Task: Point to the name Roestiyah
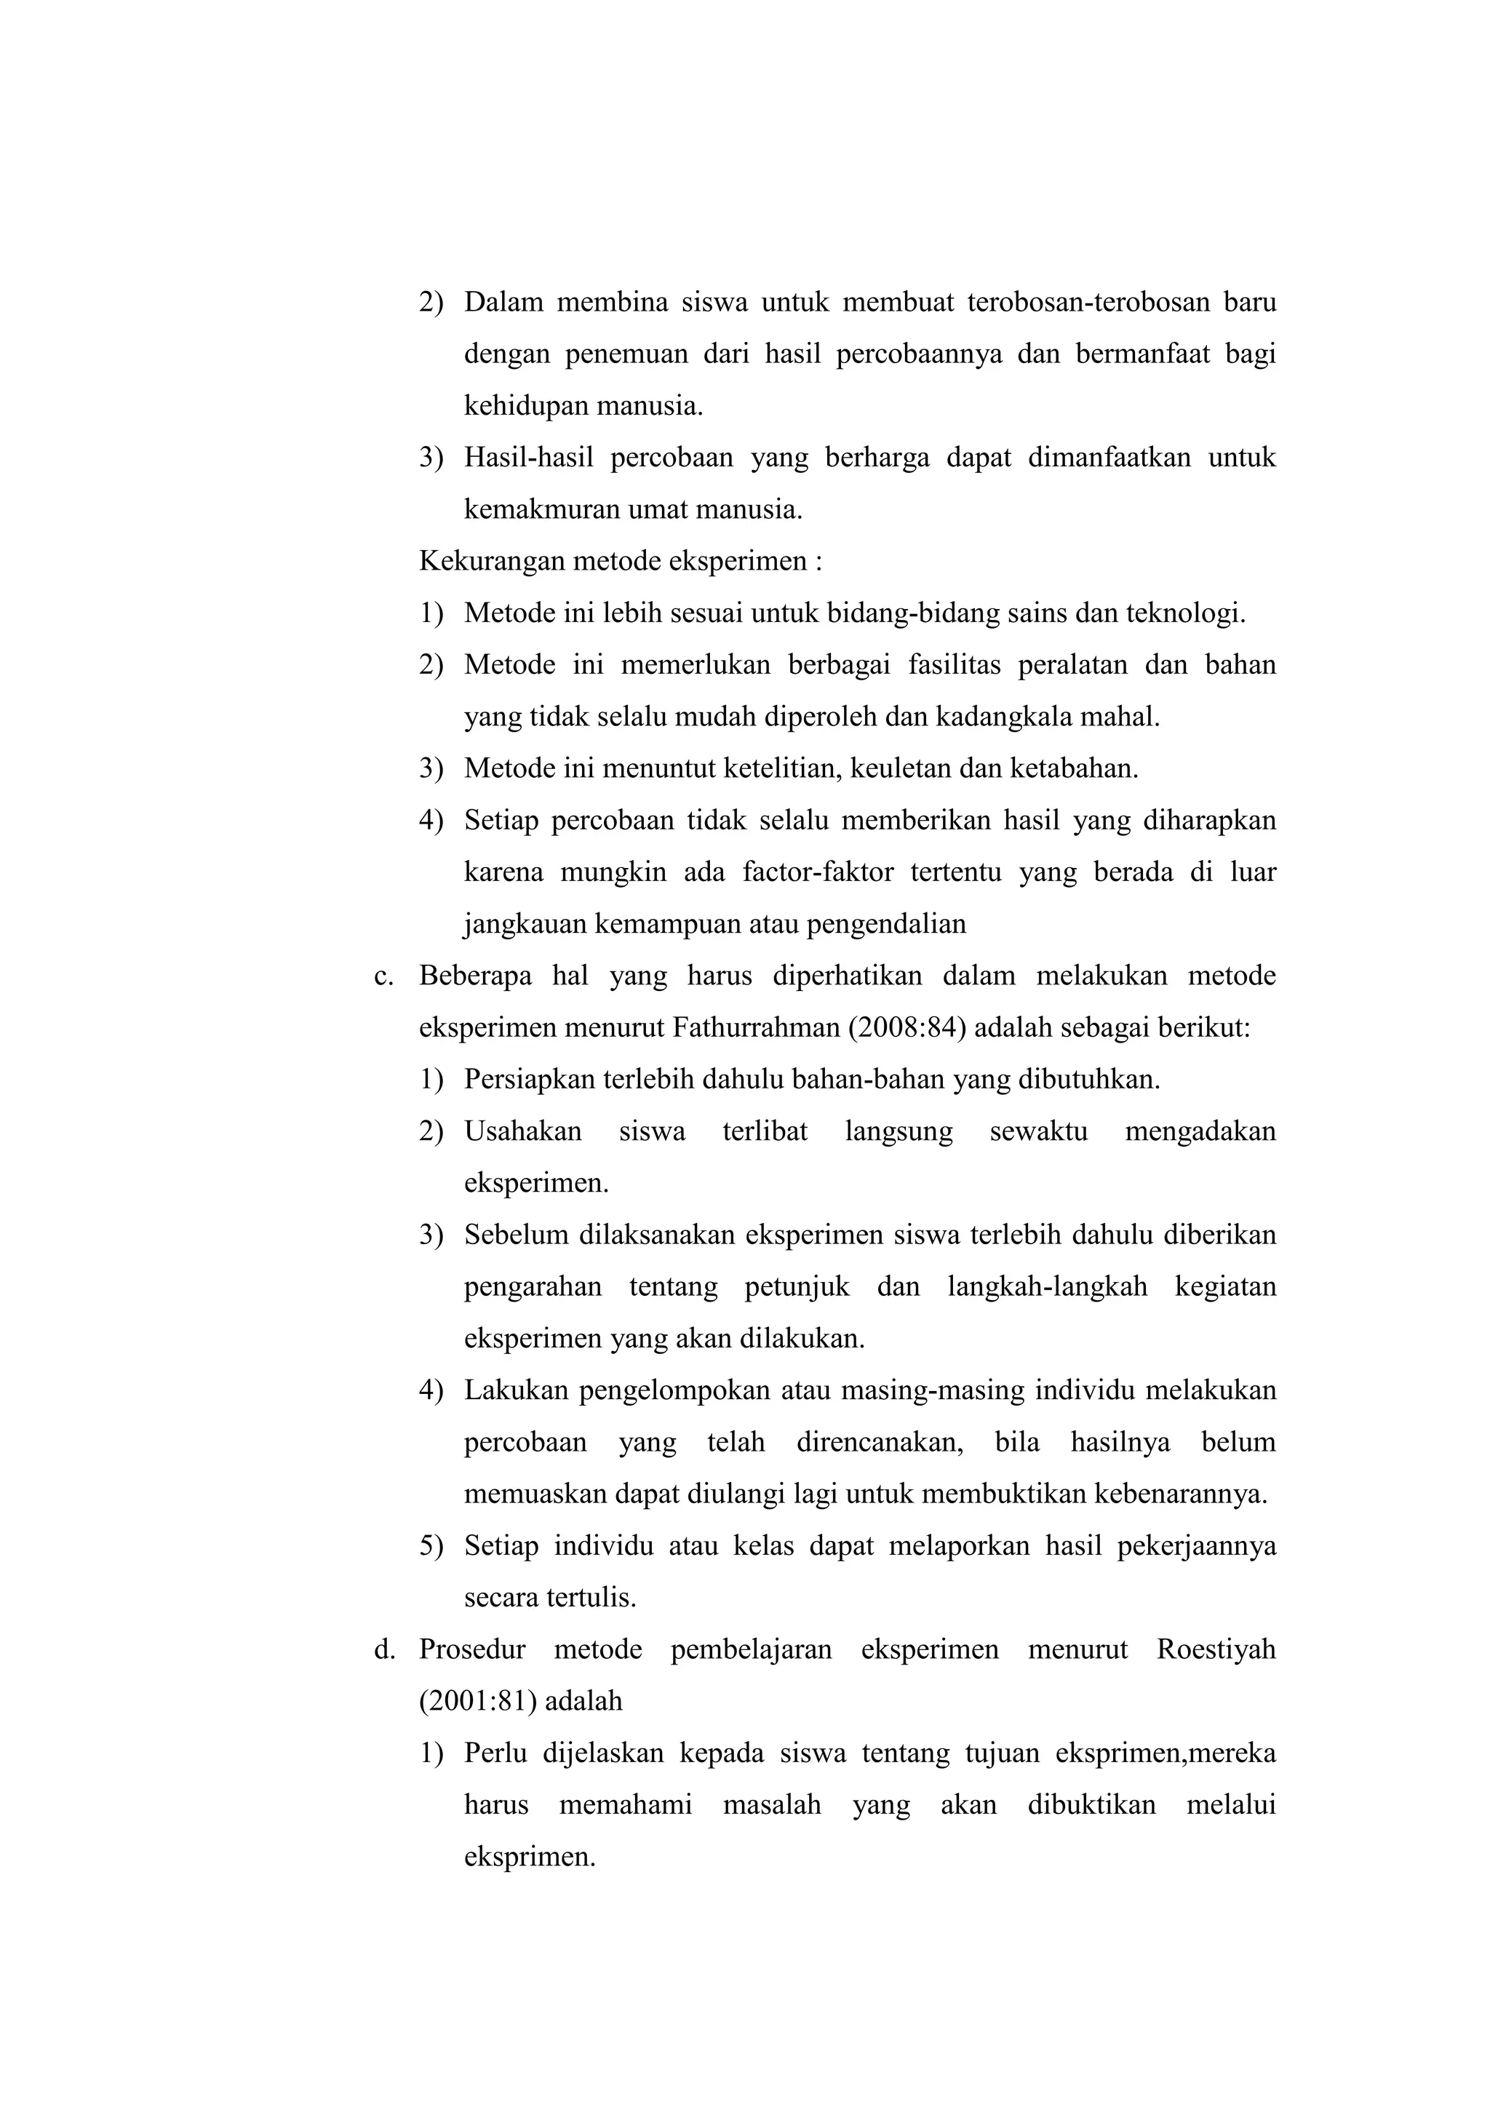pyautogui.click(x=1216, y=1649)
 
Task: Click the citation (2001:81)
pyautogui.click(x=478, y=1700)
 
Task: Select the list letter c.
pyautogui.click(x=383, y=976)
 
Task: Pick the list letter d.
pyautogui.click(x=384, y=1649)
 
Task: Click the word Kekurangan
pyautogui.click(x=492, y=561)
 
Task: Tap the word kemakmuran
pyautogui.click(x=541, y=509)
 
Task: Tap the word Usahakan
pyautogui.click(x=523, y=1131)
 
